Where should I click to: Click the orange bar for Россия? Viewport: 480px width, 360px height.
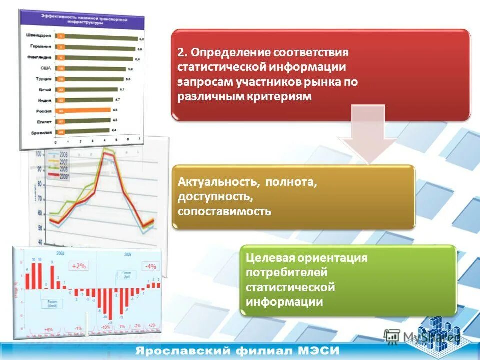click(x=83, y=110)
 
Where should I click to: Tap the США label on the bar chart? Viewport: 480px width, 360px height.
click(x=44, y=68)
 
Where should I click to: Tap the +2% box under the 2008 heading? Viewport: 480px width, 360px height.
click(x=79, y=266)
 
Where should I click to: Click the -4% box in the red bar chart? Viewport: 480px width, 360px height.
click(x=150, y=266)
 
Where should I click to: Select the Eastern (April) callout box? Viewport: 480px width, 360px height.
click(x=124, y=275)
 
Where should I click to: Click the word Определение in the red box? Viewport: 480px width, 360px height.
click(x=230, y=53)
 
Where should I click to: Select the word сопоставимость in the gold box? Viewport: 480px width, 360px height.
click(x=224, y=211)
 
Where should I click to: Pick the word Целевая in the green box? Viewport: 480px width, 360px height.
click(x=269, y=258)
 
